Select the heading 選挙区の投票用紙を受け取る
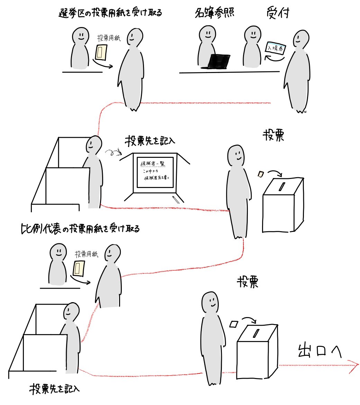[x=110, y=13]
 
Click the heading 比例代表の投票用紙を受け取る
[x=80, y=228]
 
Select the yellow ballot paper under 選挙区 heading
[x=101, y=52]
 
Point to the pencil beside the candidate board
[x=176, y=199]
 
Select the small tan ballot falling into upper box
[x=260, y=174]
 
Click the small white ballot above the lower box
[x=234, y=324]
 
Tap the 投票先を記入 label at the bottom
[x=55, y=388]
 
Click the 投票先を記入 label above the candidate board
[x=151, y=142]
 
